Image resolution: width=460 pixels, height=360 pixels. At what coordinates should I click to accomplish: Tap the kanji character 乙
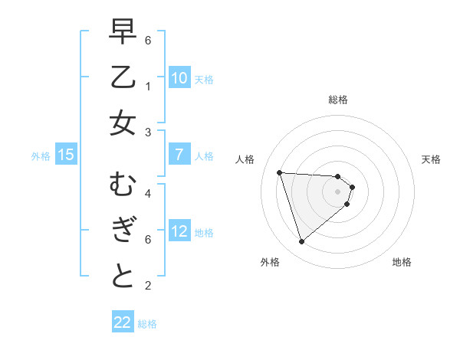point(123,77)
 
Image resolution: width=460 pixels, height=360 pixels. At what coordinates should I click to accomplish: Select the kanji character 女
point(123,123)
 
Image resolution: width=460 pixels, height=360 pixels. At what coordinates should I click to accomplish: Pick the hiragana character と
point(123,276)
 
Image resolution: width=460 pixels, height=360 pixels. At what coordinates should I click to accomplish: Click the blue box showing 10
point(179,78)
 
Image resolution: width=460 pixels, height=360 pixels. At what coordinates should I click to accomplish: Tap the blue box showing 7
point(179,155)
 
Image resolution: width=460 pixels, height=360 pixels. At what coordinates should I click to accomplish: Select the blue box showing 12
point(179,231)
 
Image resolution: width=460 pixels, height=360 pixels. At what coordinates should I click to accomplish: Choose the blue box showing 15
point(66,155)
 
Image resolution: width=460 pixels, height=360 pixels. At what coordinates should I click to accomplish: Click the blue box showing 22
point(123,322)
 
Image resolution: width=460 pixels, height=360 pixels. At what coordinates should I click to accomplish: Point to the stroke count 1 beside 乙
point(148,85)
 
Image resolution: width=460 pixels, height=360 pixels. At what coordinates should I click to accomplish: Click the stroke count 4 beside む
point(148,194)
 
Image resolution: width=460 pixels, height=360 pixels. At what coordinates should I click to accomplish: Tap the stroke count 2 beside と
point(148,286)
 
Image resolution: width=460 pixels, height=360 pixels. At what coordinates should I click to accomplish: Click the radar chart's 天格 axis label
point(431,159)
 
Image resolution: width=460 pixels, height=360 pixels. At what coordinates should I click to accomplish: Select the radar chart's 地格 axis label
point(402,262)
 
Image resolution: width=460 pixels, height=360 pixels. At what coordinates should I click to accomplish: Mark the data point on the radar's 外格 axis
point(301,242)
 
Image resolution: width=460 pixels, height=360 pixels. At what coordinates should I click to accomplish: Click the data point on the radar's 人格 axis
point(280,172)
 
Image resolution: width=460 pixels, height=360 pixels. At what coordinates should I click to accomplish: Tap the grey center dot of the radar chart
point(337,201)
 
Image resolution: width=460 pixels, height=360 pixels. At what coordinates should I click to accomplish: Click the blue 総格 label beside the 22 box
point(147,324)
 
